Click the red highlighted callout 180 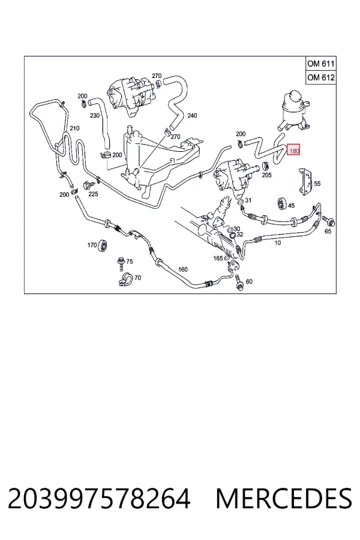tap(294, 150)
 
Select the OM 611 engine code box tap(321, 64)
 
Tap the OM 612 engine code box tap(321, 77)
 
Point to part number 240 tap(192, 116)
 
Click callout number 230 tap(95, 116)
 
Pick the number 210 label tap(74, 128)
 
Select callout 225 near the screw tap(93, 194)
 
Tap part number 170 tap(92, 245)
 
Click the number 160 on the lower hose tap(182, 269)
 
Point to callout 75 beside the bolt tap(130, 262)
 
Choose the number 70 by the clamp tap(137, 278)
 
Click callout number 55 tap(317, 184)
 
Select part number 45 tap(291, 206)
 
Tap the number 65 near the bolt tap(328, 231)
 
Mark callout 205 tap(266, 175)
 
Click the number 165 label tap(218, 258)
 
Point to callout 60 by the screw tap(249, 281)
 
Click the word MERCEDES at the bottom tap(284, 499)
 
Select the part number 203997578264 tap(99, 499)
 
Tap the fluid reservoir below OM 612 tap(295, 110)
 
